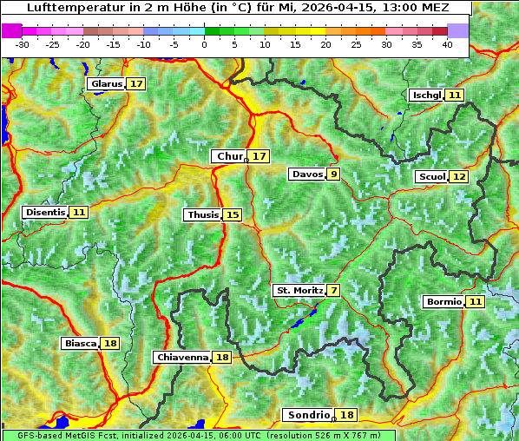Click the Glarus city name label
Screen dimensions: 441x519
pyautogui.click(x=106, y=84)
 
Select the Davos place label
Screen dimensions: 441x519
pyautogui.click(x=307, y=174)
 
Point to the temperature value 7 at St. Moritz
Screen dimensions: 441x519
pyautogui.click(x=334, y=290)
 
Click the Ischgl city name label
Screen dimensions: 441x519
pyautogui.click(x=426, y=95)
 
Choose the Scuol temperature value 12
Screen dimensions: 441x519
pyautogui.click(x=459, y=177)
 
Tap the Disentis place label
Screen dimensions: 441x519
pyautogui.click(x=44, y=212)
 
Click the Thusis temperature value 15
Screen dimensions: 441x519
pyautogui.click(x=232, y=214)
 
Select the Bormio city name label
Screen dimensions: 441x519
pyautogui.click(x=443, y=302)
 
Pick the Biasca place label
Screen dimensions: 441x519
pyautogui.click(x=81, y=344)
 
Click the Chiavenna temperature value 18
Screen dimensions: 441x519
pyautogui.click(x=222, y=357)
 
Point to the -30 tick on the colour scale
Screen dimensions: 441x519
pyautogui.click(x=23, y=43)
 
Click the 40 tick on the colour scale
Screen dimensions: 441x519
pyautogui.click(x=447, y=43)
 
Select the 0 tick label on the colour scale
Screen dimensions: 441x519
pyautogui.click(x=204, y=43)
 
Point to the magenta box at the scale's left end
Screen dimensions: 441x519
pyautogui.click(x=12, y=30)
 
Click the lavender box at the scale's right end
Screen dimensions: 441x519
pyautogui.click(x=458, y=30)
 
